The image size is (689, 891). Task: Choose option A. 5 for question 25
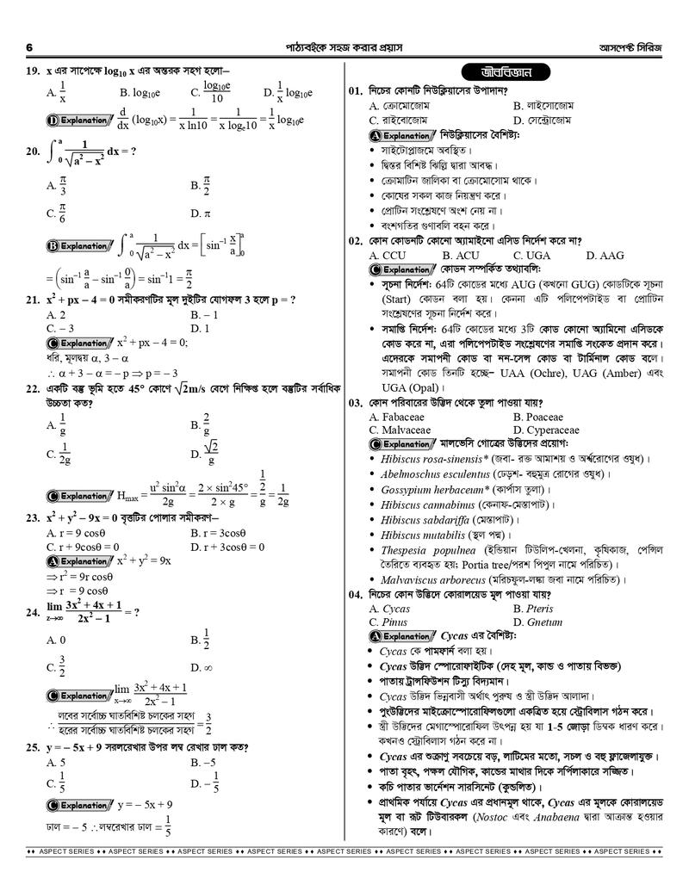[x=56, y=762]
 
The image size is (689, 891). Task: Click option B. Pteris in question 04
[x=534, y=609]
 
